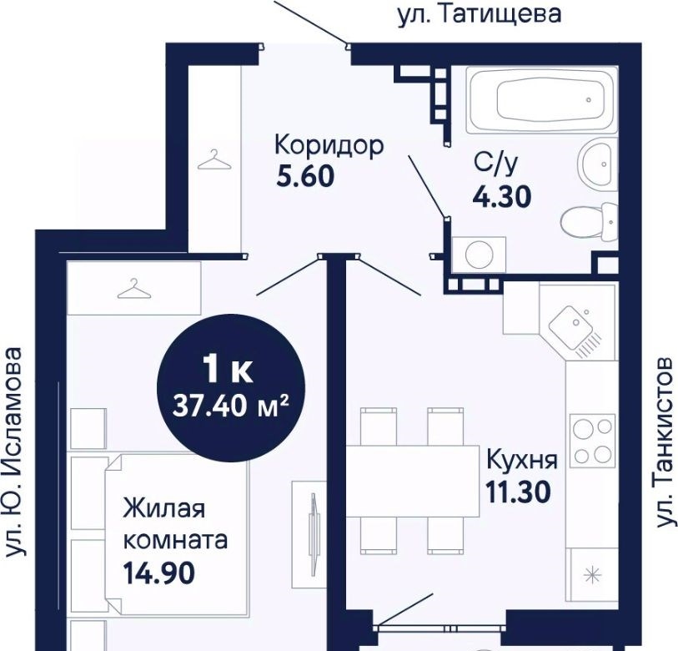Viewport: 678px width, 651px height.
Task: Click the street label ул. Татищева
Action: (x=479, y=14)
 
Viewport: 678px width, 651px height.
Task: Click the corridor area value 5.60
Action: (x=305, y=176)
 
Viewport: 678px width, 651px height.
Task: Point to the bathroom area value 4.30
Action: (x=501, y=196)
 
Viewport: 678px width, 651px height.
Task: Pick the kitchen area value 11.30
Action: (x=519, y=492)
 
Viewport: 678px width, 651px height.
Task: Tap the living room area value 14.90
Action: (x=159, y=573)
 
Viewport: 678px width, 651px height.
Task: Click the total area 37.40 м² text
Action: (x=230, y=406)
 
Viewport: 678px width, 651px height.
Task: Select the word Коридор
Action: (x=329, y=146)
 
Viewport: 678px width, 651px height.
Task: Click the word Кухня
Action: (x=522, y=461)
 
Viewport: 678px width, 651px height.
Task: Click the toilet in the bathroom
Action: (x=589, y=223)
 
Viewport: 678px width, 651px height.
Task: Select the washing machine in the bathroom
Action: (x=479, y=254)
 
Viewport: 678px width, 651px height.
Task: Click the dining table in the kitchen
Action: (x=413, y=481)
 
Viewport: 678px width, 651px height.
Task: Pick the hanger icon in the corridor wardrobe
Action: (x=214, y=159)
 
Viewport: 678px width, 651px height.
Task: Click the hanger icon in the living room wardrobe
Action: (x=134, y=289)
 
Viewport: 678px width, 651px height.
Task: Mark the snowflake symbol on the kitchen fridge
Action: (x=593, y=575)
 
